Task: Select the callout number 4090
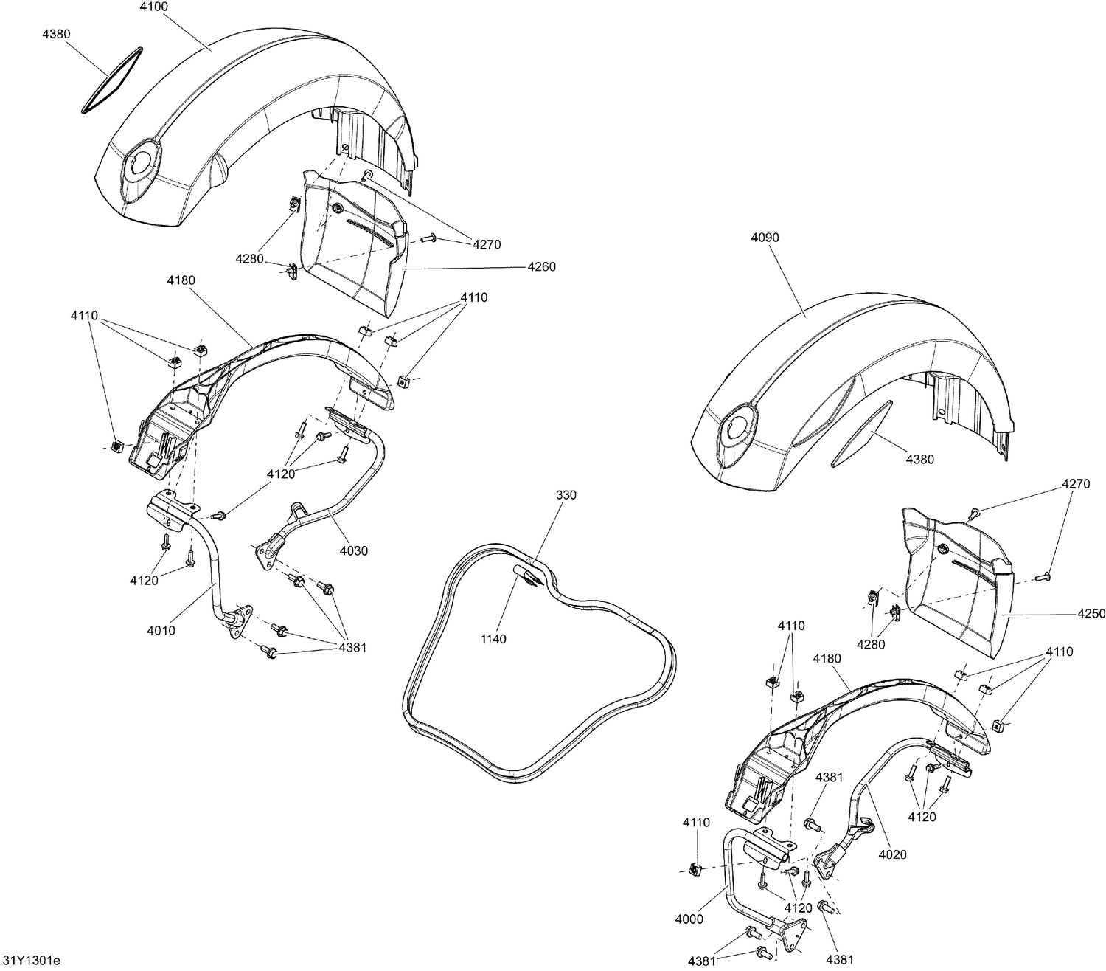tap(765, 238)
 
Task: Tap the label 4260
tap(541, 266)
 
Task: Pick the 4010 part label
tap(161, 631)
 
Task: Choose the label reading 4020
tap(892, 854)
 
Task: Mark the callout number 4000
tap(688, 919)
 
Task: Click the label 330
tap(566, 494)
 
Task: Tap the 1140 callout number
tap(493, 639)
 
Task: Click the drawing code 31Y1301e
tap(31, 960)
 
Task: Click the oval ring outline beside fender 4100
tap(111, 81)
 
